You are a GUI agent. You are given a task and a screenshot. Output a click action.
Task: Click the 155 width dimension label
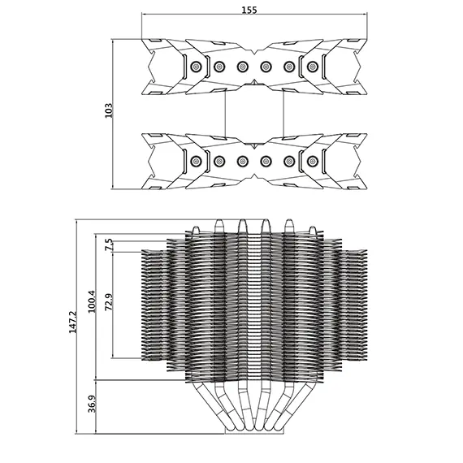249,10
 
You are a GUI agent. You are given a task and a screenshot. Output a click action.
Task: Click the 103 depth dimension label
109,110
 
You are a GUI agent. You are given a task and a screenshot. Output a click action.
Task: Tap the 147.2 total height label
72,322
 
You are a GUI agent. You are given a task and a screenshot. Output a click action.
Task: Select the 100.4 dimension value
92,301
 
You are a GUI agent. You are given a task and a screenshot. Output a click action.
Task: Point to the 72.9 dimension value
109,302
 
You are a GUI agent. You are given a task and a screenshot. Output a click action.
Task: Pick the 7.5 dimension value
109,244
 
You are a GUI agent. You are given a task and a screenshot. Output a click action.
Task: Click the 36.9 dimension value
92,404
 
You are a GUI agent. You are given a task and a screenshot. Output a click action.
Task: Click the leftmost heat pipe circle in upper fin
195,67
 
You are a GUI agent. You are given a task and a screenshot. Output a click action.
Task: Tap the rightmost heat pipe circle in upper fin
313,67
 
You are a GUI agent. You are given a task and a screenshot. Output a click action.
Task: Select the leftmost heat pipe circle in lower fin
195,161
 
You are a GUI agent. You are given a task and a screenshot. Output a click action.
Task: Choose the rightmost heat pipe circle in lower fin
313,161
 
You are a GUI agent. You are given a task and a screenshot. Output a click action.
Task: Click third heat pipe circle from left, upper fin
242,67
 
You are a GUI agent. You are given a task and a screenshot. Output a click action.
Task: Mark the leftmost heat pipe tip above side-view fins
196,229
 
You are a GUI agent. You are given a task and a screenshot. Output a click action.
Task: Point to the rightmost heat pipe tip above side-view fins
313,229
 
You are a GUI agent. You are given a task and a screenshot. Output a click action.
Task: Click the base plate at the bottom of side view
254,431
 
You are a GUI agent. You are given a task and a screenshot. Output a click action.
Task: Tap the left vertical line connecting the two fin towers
226,114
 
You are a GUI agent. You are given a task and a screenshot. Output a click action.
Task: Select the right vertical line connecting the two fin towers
283,114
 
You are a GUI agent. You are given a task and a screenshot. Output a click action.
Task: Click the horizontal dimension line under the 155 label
254,14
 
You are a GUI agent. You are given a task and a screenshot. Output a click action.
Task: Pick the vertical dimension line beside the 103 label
113,114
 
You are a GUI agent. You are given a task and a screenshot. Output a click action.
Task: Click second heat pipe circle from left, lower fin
219,161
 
